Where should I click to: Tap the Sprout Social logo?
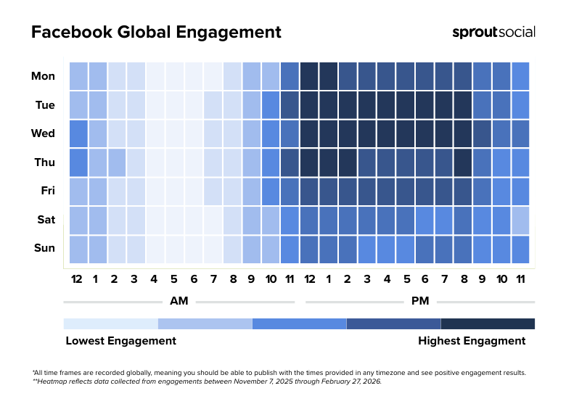point(493,32)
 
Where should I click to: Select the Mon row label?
point(43,75)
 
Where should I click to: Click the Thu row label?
point(44,162)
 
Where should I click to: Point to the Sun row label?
point(44,248)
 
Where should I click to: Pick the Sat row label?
point(45,219)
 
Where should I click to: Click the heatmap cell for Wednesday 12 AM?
point(78,133)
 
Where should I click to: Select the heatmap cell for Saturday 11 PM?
point(520,220)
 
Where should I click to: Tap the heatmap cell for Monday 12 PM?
point(309,75)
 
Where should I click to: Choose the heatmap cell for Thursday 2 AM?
point(117,162)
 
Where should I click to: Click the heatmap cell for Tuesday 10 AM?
point(271,104)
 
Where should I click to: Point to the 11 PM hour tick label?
point(520,279)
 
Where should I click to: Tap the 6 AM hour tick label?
point(194,279)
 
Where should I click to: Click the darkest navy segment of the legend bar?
point(488,323)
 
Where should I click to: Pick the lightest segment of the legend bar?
point(110,323)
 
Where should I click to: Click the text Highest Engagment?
point(472,341)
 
